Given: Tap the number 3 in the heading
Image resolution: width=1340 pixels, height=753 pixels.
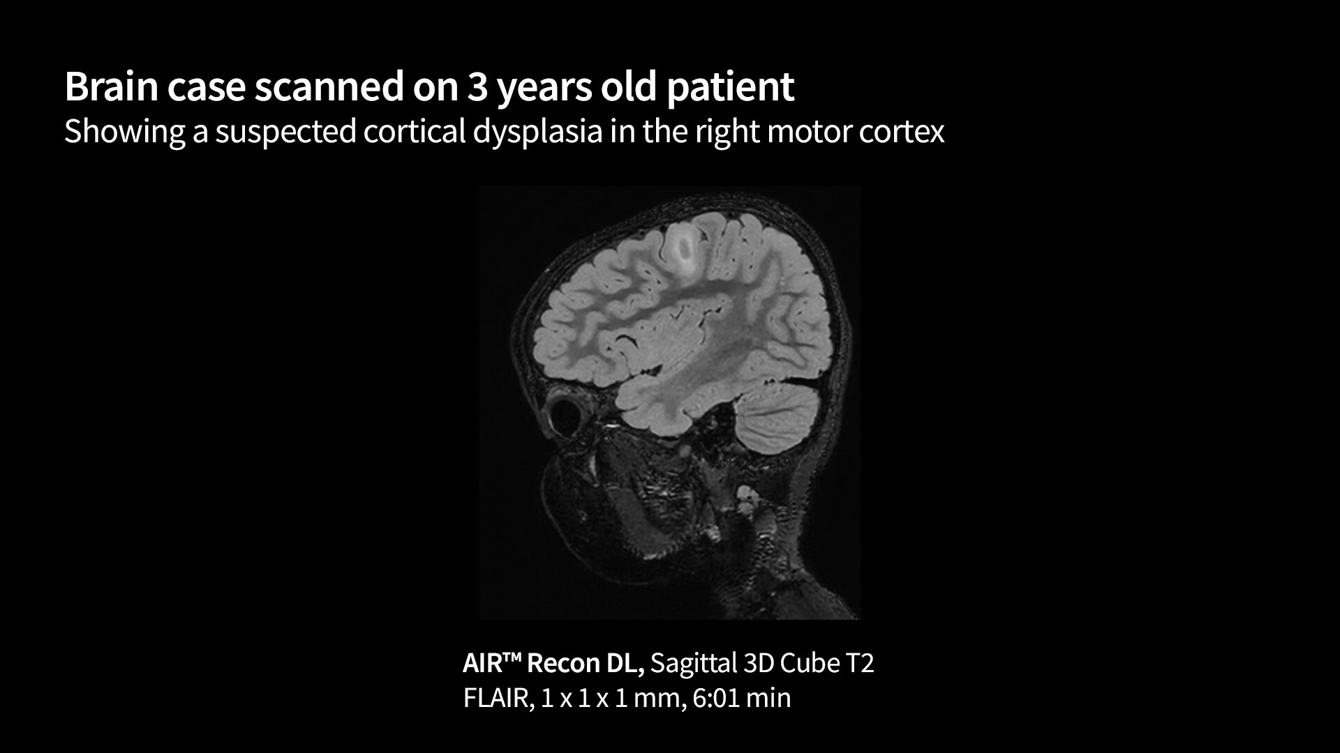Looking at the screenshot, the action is pyautogui.click(x=477, y=87).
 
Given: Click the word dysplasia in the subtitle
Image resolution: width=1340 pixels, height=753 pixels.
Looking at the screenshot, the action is pyautogui.click(x=537, y=132).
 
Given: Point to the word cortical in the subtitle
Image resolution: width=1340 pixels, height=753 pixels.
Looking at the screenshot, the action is pyautogui.click(x=414, y=130).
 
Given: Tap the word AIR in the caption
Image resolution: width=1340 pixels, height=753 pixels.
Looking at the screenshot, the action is pyautogui.click(x=483, y=662).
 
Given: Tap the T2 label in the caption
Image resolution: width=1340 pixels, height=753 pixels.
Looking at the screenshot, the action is pyautogui.click(x=860, y=662).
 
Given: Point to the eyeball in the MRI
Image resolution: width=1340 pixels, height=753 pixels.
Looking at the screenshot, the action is pyautogui.click(x=566, y=414).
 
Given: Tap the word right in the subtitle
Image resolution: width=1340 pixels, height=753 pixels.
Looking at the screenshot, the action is pyautogui.click(x=726, y=132).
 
